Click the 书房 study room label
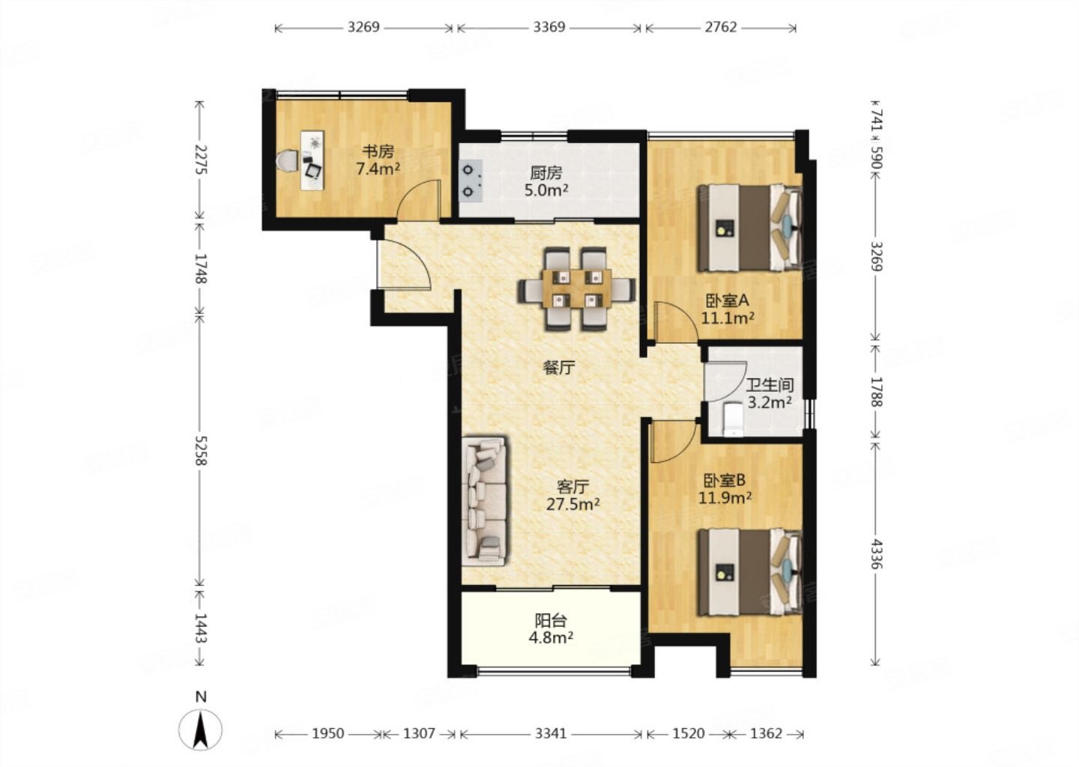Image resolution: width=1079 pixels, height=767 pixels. [378, 151]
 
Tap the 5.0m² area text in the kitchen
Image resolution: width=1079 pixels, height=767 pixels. [546, 191]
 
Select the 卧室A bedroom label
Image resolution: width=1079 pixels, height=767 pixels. [727, 301]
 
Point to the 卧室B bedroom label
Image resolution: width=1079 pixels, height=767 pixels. [725, 480]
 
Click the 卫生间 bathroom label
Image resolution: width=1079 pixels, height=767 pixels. [770, 385]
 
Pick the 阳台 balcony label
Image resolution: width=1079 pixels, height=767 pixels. [551, 620]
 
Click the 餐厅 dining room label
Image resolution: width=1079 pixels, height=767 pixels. [559, 368]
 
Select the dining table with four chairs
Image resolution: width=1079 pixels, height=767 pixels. [576, 288]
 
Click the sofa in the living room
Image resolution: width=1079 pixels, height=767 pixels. [483, 501]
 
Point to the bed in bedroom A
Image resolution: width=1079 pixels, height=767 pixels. [750, 228]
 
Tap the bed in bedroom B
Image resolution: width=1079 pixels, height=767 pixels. [750, 572]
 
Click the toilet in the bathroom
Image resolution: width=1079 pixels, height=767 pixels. [733, 419]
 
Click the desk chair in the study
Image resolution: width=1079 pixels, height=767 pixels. [288, 161]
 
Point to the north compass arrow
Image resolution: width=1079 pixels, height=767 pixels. [200, 730]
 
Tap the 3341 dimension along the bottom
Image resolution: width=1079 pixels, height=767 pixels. [551, 733]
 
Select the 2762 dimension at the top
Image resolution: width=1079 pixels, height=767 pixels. [721, 27]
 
